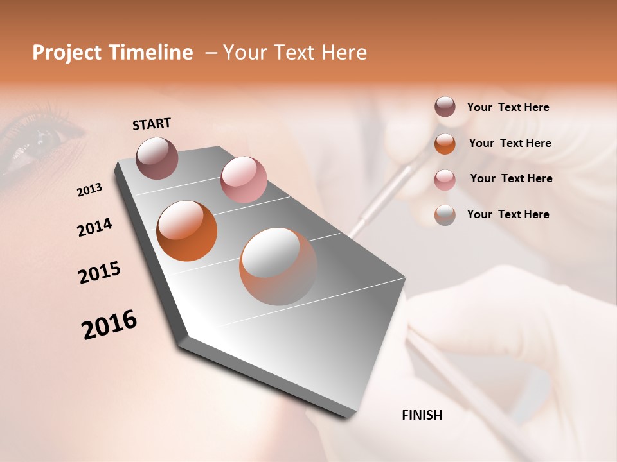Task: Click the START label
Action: tap(152, 124)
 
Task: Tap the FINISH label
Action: tap(422, 415)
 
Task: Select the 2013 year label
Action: tap(90, 190)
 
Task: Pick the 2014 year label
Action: tap(94, 227)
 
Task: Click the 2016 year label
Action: tap(109, 325)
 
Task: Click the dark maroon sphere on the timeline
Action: tap(157, 158)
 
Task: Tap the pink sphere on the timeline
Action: tap(244, 180)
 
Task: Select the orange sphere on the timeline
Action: tap(186, 231)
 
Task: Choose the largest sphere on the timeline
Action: tap(278, 266)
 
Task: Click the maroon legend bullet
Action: tap(445, 107)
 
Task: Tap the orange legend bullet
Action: tap(445, 144)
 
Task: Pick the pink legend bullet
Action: tap(445, 180)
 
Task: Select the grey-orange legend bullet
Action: tap(445, 215)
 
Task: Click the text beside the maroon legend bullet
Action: tap(508, 108)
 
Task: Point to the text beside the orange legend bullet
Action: tap(510, 143)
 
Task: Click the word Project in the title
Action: tap(67, 53)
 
